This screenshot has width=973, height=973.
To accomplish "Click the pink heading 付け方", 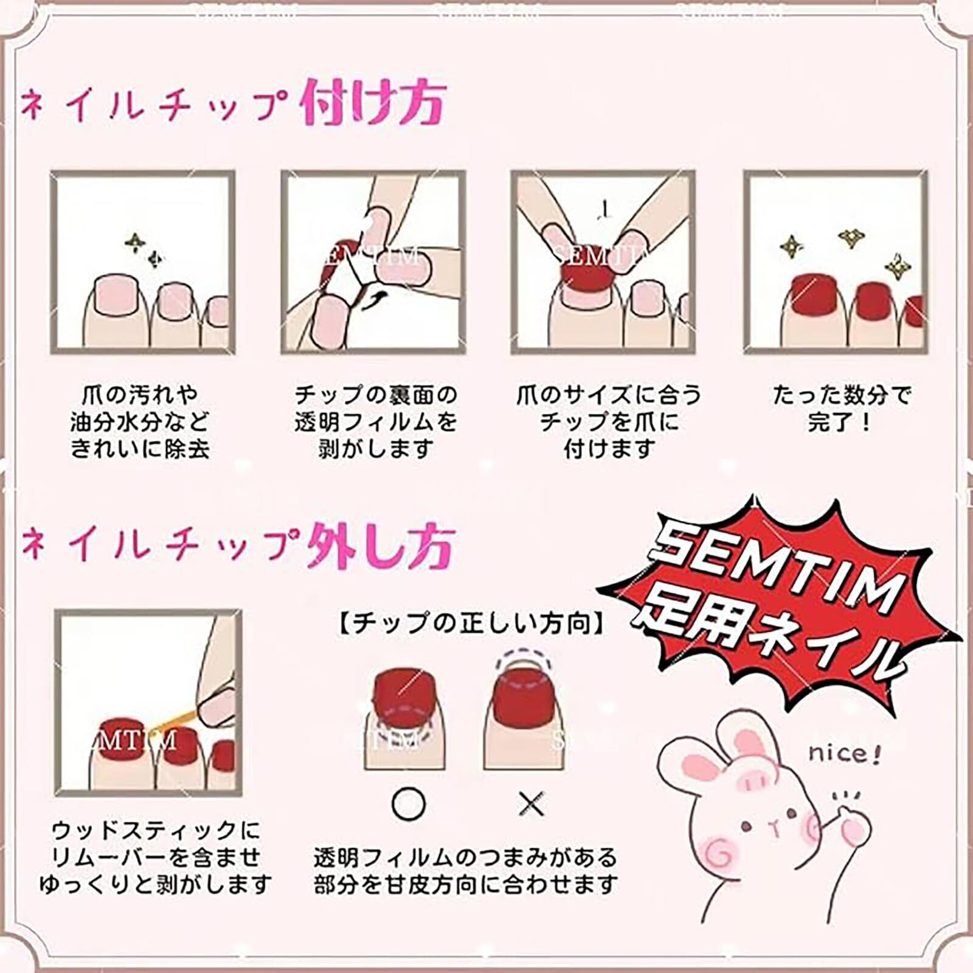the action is (x=373, y=104).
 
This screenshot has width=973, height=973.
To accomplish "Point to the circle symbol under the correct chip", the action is (x=409, y=805).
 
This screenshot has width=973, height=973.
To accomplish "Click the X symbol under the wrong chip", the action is (x=532, y=805).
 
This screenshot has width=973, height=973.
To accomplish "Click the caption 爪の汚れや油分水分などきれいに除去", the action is (x=140, y=422).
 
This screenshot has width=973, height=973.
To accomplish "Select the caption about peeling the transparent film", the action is (x=375, y=422).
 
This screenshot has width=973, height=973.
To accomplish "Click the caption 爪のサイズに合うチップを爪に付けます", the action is (x=609, y=422).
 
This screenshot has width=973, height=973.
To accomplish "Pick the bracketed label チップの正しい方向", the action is (x=471, y=624).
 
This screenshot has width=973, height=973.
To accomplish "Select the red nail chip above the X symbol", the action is (x=521, y=693).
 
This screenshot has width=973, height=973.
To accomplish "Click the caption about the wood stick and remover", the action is (x=156, y=857).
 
